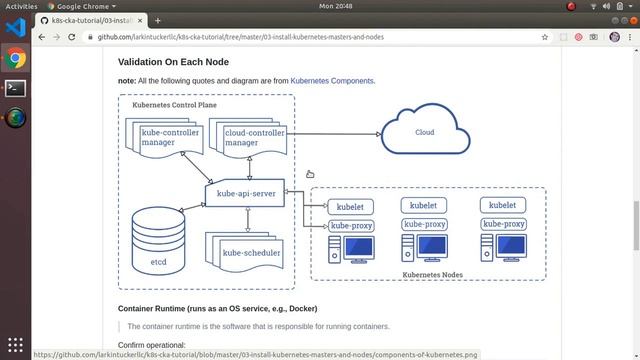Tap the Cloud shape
[425, 133]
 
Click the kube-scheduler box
[251, 252]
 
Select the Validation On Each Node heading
[175, 61]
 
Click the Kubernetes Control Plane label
[170, 105]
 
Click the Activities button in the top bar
[21, 6]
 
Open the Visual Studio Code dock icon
[14, 31]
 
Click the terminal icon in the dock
[14, 88]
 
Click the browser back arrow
[42, 37]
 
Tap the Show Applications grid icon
[14, 344]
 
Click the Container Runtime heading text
[216, 308]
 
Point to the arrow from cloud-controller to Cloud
[330, 133]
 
